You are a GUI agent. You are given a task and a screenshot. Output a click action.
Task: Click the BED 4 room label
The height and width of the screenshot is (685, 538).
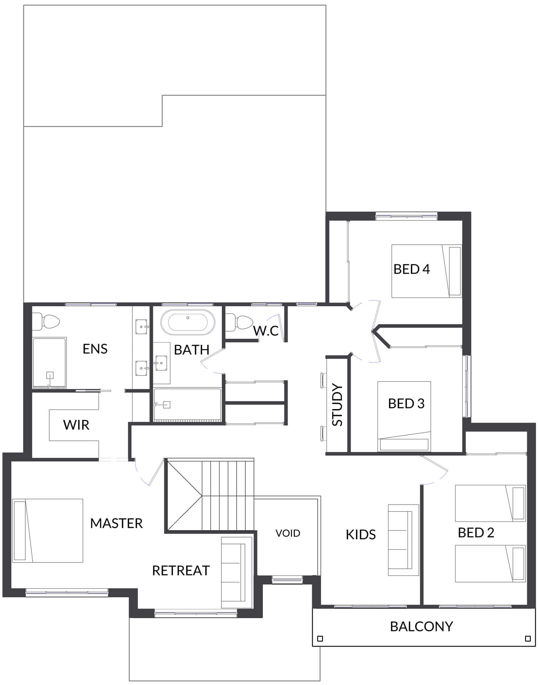[x=412, y=269]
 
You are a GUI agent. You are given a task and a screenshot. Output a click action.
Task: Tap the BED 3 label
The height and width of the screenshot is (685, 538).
[x=406, y=403]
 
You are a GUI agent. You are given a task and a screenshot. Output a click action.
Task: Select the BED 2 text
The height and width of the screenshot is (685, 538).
[x=476, y=532]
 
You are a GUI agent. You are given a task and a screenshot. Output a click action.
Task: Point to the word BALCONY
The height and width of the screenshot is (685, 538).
[x=421, y=626]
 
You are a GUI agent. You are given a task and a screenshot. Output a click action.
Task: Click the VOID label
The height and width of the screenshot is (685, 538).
[x=288, y=533]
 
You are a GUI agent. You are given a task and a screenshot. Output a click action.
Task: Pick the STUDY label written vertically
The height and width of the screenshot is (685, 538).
[x=337, y=405]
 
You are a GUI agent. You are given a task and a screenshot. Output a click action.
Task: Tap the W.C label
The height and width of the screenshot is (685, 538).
[x=266, y=331]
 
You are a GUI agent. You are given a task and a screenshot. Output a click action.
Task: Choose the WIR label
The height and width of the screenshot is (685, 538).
[x=76, y=425]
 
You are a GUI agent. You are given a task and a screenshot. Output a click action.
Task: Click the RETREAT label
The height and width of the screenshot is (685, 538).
[x=181, y=570]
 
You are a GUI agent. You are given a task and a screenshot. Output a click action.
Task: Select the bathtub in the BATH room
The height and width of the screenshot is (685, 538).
[x=188, y=322]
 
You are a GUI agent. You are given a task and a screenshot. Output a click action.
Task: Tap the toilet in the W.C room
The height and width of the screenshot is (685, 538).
[x=239, y=323]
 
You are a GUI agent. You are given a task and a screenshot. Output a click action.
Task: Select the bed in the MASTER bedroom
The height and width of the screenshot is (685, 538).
[x=48, y=531]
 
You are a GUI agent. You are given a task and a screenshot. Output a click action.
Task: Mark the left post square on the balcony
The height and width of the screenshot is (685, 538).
[x=320, y=639]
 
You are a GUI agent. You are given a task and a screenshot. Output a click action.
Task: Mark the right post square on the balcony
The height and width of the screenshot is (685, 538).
[x=528, y=639]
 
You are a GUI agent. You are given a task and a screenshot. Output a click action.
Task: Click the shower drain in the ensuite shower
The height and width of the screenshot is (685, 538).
[x=50, y=375]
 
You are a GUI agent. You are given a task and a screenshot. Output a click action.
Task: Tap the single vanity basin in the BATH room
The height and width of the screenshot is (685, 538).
[x=161, y=363]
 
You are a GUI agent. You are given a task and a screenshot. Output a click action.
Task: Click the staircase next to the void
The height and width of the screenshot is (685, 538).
[x=210, y=495]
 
